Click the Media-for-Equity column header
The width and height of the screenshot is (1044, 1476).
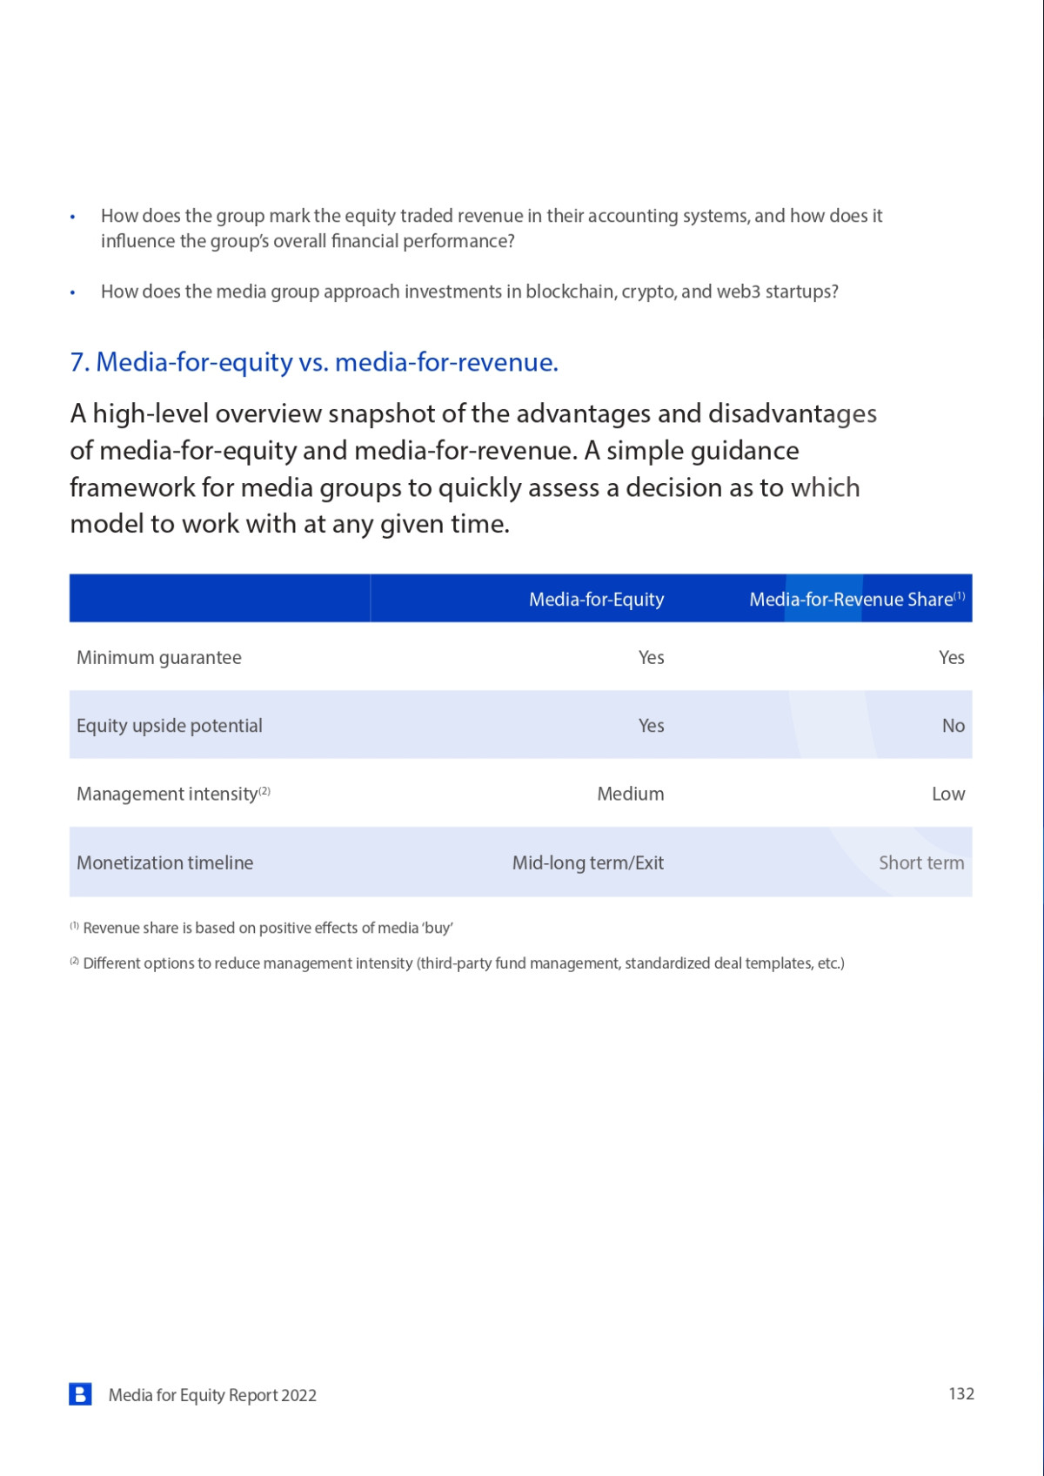click(x=596, y=600)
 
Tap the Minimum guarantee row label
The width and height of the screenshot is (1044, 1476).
click(x=159, y=658)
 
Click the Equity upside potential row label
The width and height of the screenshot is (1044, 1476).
click(x=170, y=726)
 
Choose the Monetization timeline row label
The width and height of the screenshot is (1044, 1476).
click(x=165, y=862)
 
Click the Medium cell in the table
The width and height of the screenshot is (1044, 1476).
click(x=630, y=794)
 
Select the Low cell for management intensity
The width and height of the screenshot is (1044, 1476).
click(x=947, y=794)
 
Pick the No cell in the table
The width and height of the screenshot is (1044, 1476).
click(x=953, y=726)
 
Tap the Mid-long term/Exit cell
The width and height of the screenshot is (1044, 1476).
click(x=587, y=862)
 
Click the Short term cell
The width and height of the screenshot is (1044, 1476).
click(x=920, y=862)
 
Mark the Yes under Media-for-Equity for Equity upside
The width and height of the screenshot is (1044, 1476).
click(x=651, y=726)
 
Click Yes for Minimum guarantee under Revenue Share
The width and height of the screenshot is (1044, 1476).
click(x=951, y=658)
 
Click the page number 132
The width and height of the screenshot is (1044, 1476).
click(x=960, y=1394)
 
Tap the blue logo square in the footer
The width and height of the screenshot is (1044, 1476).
click(x=80, y=1394)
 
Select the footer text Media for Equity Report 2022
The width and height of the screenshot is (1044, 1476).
click(x=212, y=1395)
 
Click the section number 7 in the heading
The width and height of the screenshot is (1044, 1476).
click(x=77, y=362)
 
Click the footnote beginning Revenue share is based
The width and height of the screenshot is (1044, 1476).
click(x=267, y=928)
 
